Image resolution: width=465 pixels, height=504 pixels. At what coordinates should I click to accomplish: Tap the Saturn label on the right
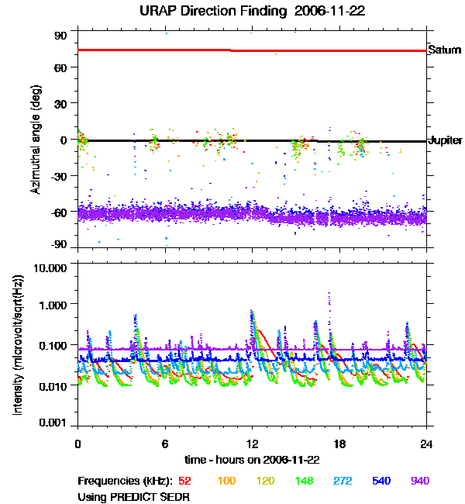click(444, 50)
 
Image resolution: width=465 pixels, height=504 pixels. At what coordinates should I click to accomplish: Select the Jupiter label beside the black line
click(445, 141)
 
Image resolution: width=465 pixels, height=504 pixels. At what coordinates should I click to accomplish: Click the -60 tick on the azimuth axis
click(59, 209)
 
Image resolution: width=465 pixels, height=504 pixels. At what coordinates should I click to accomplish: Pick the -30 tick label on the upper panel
click(59, 175)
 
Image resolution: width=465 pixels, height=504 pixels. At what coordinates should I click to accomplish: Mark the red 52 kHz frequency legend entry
click(185, 481)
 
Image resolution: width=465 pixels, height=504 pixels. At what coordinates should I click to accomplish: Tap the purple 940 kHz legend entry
click(419, 481)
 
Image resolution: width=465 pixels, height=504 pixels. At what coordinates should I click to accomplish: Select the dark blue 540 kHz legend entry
click(381, 481)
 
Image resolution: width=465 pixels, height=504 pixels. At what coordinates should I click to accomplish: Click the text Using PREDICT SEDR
click(133, 495)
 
